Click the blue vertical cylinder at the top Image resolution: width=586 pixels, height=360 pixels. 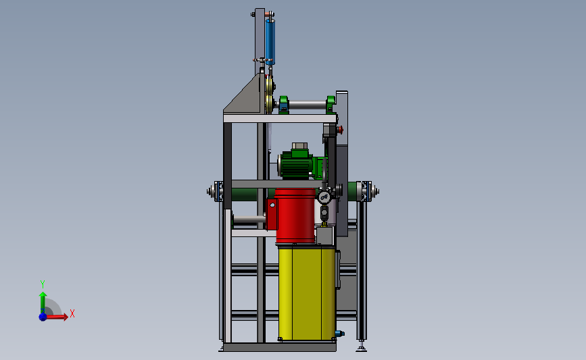coord(270,42)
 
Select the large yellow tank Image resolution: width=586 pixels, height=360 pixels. coord(306,293)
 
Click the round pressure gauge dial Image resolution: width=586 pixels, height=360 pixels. coord(324,197)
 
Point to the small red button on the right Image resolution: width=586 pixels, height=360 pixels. coord(340,130)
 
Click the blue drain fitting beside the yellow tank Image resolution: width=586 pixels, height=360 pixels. coord(339,333)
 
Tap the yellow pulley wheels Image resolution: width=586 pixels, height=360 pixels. coord(268,94)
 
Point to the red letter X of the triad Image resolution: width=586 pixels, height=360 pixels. coord(72,313)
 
